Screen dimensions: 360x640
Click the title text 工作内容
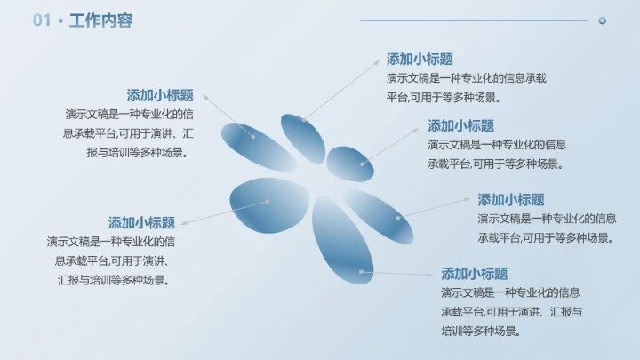point(100,20)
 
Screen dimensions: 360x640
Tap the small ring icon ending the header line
point(602,20)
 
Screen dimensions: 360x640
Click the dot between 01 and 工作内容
point(60,21)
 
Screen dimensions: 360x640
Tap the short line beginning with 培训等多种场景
point(480,331)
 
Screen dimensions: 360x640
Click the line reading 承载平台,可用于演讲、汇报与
point(512,311)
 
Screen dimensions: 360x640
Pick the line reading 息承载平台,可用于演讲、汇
point(129,133)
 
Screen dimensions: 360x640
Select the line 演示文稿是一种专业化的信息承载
point(467,78)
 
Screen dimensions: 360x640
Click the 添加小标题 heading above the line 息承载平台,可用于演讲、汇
point(161,95)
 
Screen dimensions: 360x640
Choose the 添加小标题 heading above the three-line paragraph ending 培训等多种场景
point(475,274)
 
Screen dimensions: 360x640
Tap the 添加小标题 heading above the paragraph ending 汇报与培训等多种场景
point(142,222)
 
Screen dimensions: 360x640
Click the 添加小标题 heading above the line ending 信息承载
point(420,59)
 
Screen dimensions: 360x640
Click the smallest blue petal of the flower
point(349,164)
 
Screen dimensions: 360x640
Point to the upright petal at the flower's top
point(303,138)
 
